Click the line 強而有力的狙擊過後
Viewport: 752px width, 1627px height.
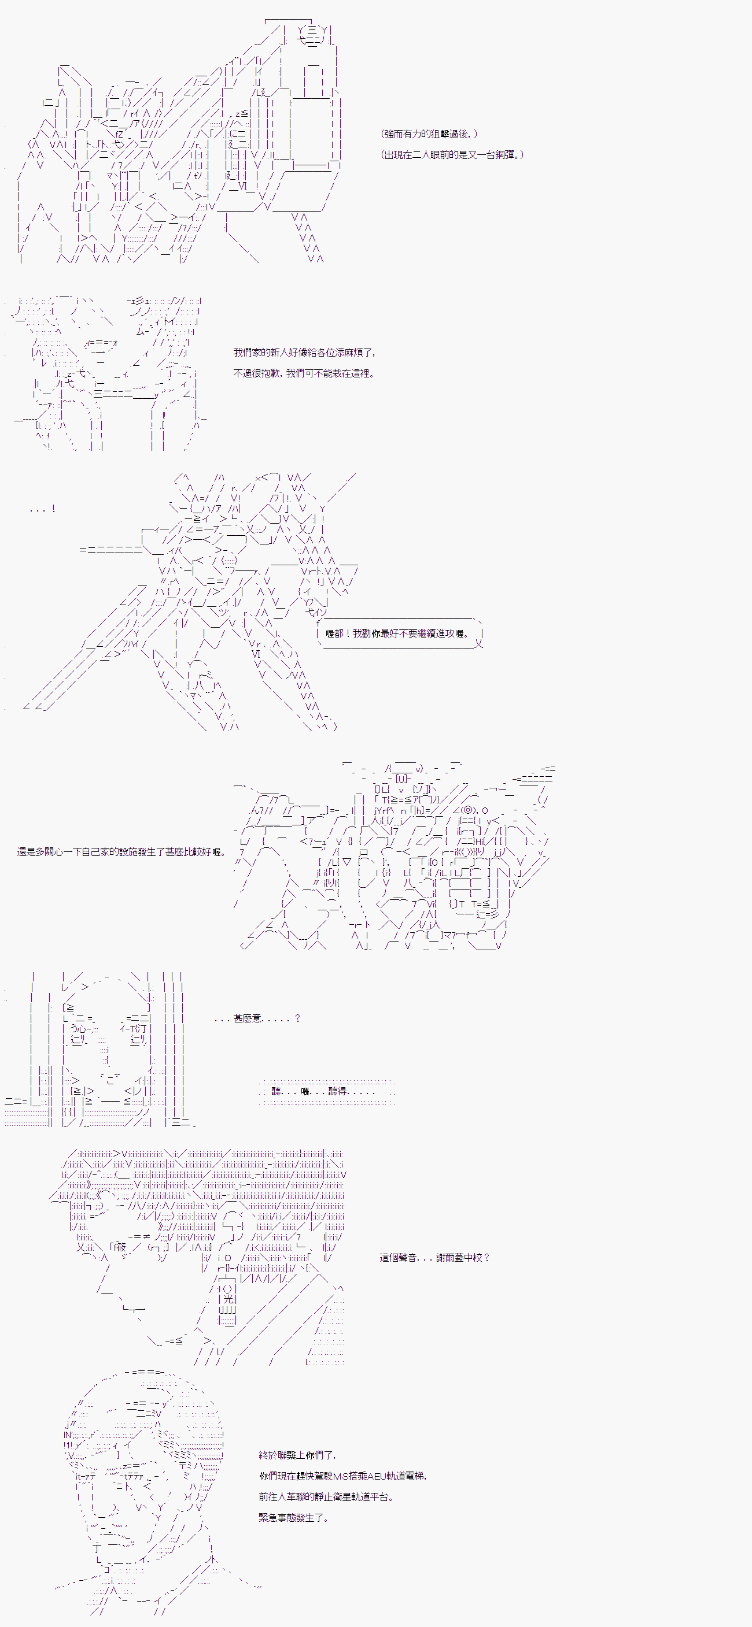[x=429, y=134]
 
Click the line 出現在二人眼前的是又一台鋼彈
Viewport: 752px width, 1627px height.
[x=452, y=155]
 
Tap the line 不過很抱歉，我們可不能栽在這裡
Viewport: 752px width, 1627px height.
[x=304, y=373]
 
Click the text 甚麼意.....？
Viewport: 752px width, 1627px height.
[x=257, y=1018]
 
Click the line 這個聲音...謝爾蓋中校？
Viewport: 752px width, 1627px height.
[x=435, y=1258]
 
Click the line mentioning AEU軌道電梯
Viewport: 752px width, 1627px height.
[x=342, y=1476]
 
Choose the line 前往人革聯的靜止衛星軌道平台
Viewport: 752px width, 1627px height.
[x=326, y=1497]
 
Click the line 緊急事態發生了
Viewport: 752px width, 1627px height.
[x=294, y=1518]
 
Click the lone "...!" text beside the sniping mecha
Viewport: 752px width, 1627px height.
[x=42, y=509]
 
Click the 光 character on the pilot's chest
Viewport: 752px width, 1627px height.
[x=227, y=1299]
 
